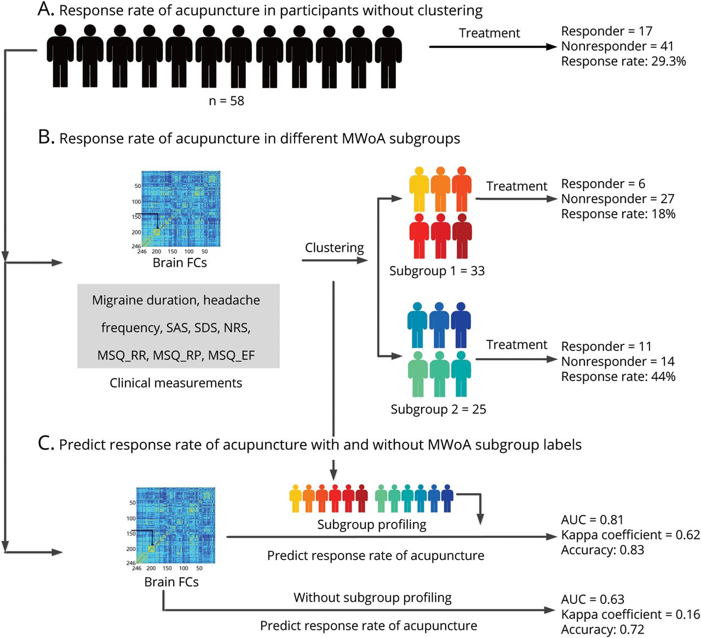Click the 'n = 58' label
point(226,101)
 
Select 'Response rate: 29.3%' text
point(623,61)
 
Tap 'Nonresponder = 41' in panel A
point(617,47)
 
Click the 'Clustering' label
point(334,248)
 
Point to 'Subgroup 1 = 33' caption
point(436,271)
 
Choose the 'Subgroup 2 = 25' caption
point(438,409)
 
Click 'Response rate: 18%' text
point(618,214)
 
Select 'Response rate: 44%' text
point(618,377)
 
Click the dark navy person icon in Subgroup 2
point(461,324)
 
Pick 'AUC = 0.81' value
point(592,520)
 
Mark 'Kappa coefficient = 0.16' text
point(630,614)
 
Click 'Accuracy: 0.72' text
point(602,630)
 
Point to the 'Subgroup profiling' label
point(371,525)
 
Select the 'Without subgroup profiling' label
point(372,597)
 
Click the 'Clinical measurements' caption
point(176,383)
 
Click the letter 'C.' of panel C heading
point(46,443)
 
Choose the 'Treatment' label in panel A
point(489,33)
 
